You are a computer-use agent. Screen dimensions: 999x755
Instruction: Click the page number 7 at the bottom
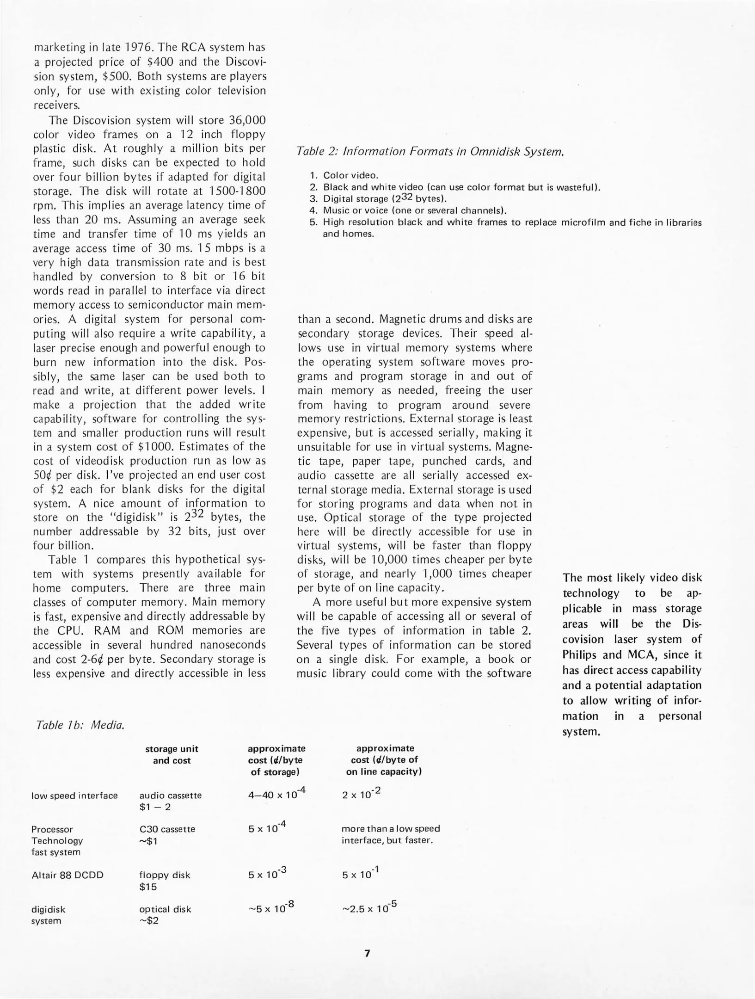coord(367,953)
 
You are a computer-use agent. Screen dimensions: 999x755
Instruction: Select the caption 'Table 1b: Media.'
coord(80,725)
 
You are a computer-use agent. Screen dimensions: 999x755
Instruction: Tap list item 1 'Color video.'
coord(350,175)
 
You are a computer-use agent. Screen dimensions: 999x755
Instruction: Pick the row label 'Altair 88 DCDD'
coord(68,875)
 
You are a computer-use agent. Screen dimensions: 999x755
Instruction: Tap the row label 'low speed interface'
coord(74,795)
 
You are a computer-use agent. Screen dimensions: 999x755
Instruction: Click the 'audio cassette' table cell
coord(170,795)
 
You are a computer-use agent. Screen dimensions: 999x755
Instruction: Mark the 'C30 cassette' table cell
coord(167,829)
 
